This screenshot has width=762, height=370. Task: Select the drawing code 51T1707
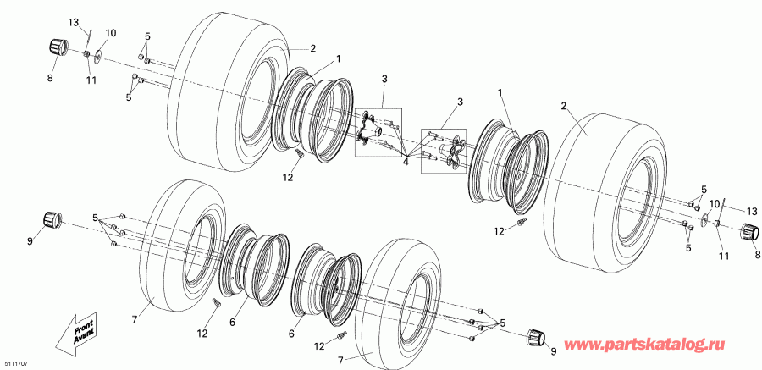15,362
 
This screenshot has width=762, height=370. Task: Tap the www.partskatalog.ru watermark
669,348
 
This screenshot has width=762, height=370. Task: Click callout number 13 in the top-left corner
73,21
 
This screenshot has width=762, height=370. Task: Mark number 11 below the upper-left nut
91,80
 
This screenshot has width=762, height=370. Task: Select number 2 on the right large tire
562,106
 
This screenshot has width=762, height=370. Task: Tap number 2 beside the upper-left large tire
312,47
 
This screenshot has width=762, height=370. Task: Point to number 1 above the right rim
499,91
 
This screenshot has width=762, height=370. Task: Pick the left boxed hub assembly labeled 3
378,131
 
